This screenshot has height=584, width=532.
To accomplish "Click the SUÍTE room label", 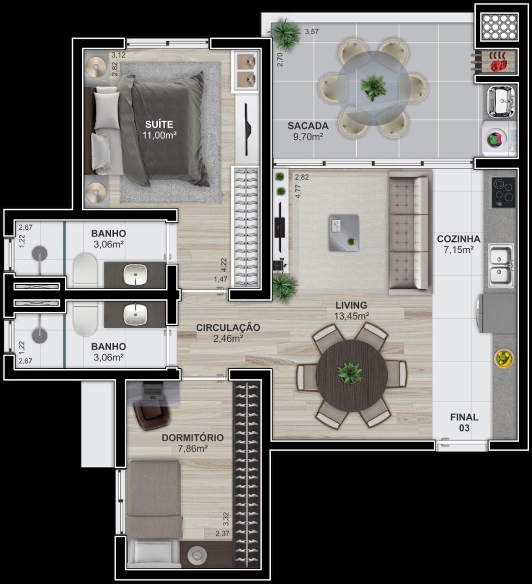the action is pos(159,124).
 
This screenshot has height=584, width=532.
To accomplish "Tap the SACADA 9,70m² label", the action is pos(308,131).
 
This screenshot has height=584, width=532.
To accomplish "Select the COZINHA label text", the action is pos(458,239).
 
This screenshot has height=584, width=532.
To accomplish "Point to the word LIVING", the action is pos(351,305).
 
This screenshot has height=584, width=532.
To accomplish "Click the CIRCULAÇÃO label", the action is pos(228,327).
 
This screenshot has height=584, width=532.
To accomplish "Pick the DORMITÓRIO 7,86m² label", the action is pos(192,443).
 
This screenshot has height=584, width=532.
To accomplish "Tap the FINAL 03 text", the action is pos(464,422).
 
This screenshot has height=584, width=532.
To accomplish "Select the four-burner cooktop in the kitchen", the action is pos(503,192).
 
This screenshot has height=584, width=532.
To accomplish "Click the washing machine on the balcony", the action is pos(499,138).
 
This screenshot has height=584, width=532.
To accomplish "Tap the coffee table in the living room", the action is pos(344,232).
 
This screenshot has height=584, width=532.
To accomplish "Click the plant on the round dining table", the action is pos(350,374).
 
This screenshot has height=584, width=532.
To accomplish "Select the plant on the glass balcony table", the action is pos(373,87).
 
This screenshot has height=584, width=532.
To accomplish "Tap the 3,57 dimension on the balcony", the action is pos(312,32).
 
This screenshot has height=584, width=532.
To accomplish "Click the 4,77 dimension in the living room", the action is pos(298,192).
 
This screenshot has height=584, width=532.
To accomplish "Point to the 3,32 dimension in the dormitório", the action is pos(226,519).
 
